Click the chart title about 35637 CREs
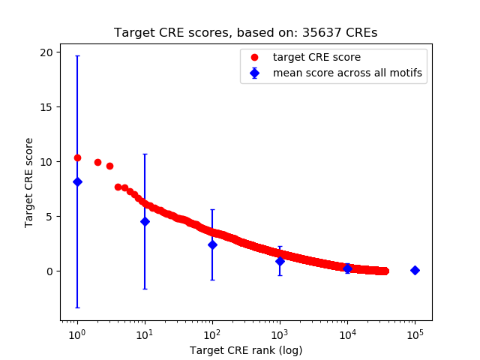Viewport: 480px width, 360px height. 245,33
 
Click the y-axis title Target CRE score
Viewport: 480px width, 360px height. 29,182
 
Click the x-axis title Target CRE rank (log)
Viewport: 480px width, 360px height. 245,349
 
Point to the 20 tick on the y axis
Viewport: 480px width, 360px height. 47,52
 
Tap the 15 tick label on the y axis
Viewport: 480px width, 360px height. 47,106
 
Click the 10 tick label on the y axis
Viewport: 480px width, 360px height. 47,161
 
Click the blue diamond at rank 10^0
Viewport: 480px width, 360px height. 77,181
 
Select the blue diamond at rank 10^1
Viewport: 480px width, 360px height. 145,221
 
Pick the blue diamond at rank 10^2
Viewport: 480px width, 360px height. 212,244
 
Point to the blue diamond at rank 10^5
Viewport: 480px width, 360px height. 415,270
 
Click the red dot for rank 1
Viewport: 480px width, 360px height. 77,157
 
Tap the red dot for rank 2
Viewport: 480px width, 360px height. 97,162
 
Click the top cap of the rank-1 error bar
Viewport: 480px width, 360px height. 77,56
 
